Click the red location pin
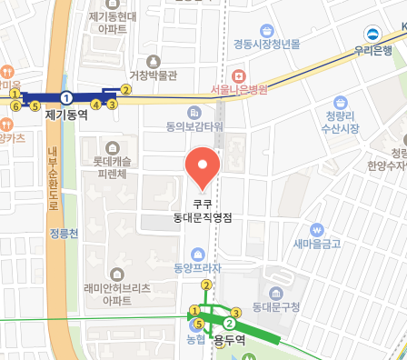coord(203,166)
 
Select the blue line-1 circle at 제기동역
coord(66,96)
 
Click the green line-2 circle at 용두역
coord(230,324)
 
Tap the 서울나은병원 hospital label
coord(239,89)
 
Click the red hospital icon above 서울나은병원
coord(239,75)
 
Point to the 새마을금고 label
coord(317,243)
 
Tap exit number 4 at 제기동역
coord(96,105)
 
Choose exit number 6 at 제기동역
coord(15,105)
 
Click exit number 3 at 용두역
coord(235,312)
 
